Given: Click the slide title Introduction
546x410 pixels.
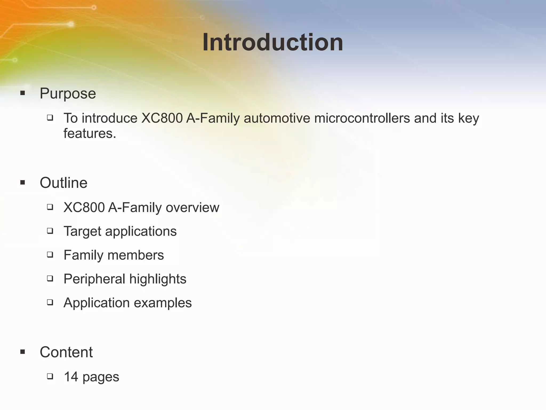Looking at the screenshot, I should (x=273, y=42).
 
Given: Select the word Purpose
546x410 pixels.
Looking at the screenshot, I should (x=68, y=94).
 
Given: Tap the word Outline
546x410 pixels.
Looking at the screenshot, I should (x=63, y=183).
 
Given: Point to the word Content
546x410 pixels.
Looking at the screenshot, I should (x=66, y=352).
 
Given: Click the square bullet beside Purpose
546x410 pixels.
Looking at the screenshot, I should (x=23, y=93).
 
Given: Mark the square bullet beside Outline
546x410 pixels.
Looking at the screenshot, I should (x=23, y=183).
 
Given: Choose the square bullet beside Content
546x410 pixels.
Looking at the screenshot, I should (x=23, y=352).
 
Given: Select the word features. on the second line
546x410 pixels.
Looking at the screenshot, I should (x=90, y=133).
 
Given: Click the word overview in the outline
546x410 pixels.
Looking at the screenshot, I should (x=192, y=208).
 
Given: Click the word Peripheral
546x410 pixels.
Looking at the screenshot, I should (x=94, y=279).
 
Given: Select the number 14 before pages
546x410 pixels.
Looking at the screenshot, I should (x=71, y=377).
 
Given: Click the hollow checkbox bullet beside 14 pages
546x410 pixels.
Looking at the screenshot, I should (x=50, y=376).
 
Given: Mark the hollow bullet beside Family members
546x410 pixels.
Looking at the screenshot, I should (x=50, y=255).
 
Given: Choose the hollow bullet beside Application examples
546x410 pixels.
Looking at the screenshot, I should (x=50, y=302).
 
